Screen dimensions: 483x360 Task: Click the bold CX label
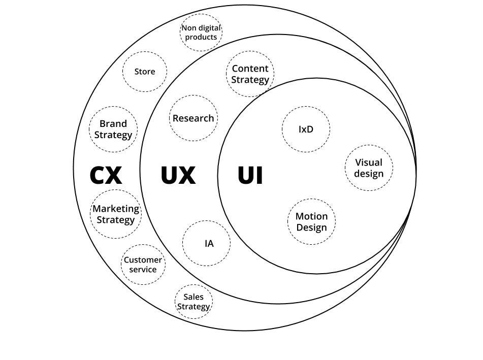106,175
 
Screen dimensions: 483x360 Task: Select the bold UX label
178,175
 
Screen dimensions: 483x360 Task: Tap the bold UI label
250,175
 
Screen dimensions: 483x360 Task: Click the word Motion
311,216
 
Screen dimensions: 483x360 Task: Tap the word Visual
369,162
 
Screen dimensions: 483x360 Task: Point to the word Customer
143,260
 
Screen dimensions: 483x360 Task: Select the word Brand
113,123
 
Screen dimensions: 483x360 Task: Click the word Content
250,69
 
